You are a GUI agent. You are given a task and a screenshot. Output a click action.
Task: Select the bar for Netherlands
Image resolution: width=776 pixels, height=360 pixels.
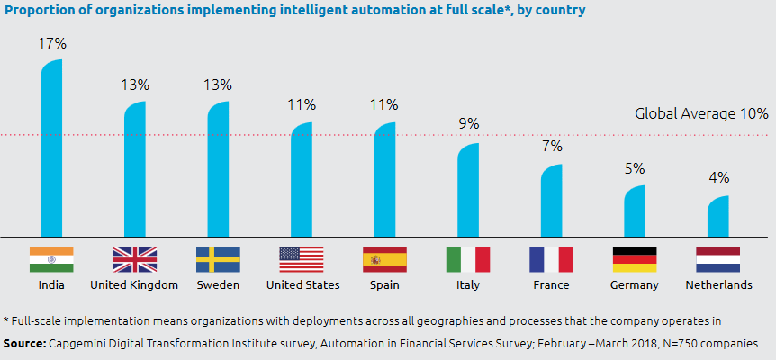coord(717,216)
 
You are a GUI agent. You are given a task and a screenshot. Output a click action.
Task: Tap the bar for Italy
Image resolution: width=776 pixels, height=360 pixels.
coord(468,190)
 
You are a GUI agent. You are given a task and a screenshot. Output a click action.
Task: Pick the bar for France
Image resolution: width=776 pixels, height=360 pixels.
coord(551,201)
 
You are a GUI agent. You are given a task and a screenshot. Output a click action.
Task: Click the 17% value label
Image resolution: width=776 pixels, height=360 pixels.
coord(51,43)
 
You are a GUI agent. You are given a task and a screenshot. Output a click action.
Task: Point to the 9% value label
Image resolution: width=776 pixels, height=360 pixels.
coord(468,124)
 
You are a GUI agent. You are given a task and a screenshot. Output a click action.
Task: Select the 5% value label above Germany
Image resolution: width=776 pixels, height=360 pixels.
coord(635,167)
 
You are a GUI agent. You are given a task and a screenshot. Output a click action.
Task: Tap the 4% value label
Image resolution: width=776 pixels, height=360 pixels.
coord(717,177)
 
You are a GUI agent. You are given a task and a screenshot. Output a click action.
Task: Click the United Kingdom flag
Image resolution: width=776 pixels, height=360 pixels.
coord(134,259)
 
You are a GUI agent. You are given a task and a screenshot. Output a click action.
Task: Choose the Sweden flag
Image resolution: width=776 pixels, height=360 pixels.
coord(218,259)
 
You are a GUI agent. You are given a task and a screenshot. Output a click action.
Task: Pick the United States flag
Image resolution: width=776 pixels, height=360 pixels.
coord(301,259)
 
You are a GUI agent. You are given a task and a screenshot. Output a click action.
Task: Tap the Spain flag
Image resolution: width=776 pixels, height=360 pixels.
coord(384,259)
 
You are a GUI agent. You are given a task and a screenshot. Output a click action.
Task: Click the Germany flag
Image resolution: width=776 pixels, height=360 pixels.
coord(635,259)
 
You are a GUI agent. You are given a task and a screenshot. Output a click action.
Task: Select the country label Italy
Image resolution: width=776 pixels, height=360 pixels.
coord(468,285)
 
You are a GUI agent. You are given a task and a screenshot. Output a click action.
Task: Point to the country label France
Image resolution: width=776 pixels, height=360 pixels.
coord(551,285)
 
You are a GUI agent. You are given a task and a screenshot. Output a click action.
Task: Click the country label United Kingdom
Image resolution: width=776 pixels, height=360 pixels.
coord(134,285)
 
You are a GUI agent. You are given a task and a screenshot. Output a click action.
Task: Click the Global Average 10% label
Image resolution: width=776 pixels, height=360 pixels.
coord(701,114)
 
